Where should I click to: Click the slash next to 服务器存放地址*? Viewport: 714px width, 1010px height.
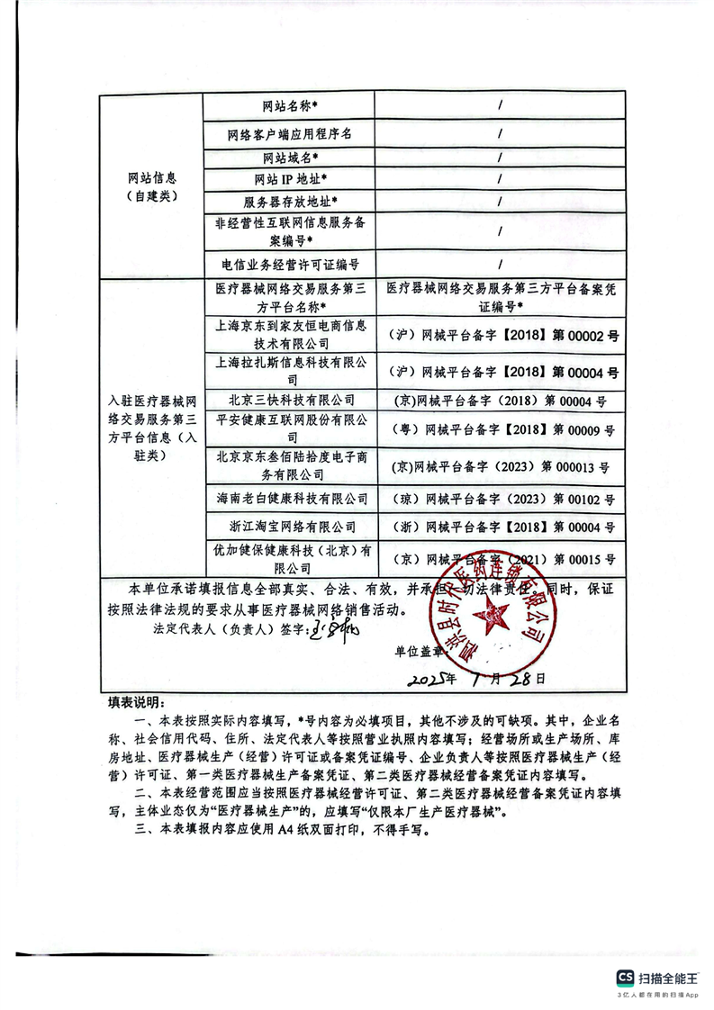pos(499,202)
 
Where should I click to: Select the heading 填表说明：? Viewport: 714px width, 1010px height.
pos(131,701)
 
